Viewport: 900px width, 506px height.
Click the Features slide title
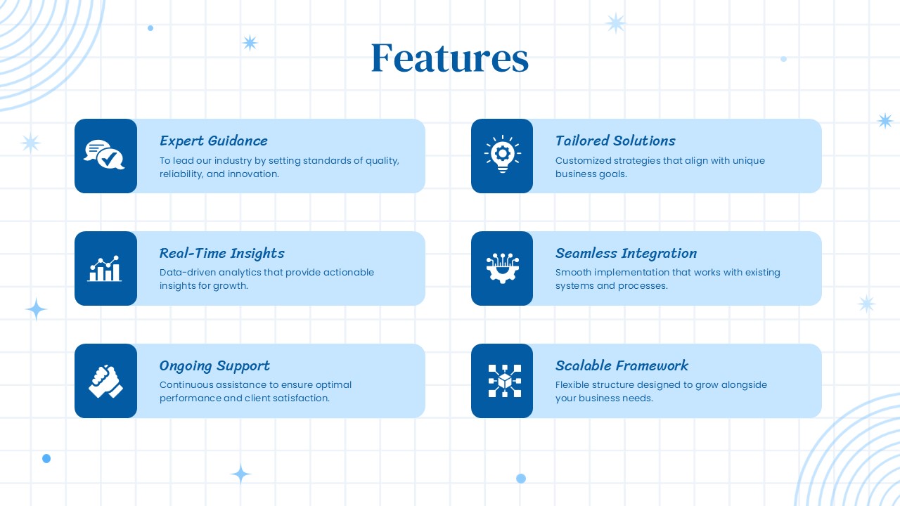(449, 58)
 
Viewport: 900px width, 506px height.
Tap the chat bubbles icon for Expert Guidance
(105, 155)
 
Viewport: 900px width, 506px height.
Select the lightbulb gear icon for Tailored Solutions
(501, 155)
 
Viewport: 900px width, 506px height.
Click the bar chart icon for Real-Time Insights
(105, 268)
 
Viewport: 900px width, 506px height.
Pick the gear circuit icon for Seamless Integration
(501, 268)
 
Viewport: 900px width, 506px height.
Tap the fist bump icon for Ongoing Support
(105, 381)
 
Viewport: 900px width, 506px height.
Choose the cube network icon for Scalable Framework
(501, 381)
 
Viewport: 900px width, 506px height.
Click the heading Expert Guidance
(213, 141)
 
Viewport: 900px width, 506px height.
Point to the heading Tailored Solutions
(615, 141)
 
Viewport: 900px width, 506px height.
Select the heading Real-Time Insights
(221, 253)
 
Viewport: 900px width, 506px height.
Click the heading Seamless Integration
(626, 253)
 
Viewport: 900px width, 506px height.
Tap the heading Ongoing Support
(214, 365)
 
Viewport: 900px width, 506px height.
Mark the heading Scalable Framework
(622, 365)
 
